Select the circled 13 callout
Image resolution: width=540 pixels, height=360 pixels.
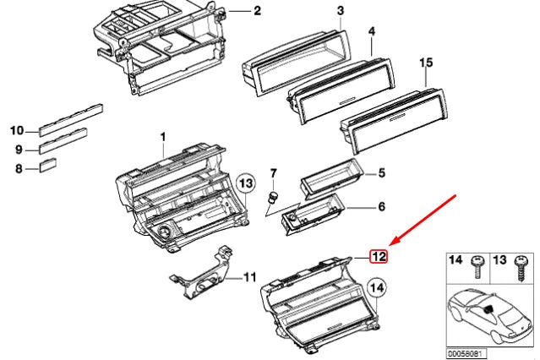point(244,183)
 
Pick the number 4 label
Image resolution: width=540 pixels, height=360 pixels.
point(370,31)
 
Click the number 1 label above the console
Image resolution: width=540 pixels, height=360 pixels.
point(164,136)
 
